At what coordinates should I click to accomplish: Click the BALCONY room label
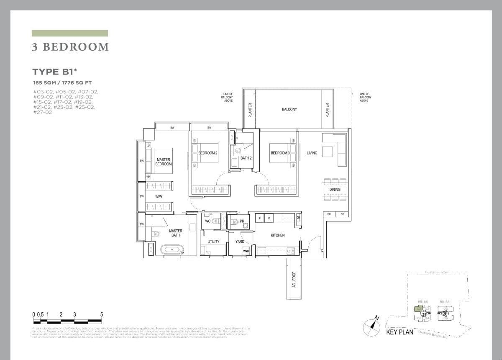pyautogui.click(x=289, y=109)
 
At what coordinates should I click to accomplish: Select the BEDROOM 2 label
pyautogui.click(x=208, y=153)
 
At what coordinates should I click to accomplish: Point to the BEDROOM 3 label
pyautogui.click(x=280, y=153)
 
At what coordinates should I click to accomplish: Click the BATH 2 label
pyautogui.click(x=246, y=158)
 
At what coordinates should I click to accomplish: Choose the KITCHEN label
pyautogui.click(x=277, y=235)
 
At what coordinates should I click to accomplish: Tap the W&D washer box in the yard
pyautogui.click(x=246, y=251)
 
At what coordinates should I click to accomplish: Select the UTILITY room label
pyautogui.click(x=213, y=242)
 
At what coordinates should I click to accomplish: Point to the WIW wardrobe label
pyautogui.click(x=159, y=196)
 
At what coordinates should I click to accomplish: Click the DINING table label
pyautogui.click(x=335, y=190)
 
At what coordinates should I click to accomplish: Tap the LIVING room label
pyautogui.click(x=312, y=153)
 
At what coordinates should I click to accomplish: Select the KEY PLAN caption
pyautogui.click(x=399, y=332)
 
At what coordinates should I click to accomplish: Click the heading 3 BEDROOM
pyautogui.click(x=70, y=47)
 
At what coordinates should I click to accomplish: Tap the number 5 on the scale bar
pyautogui.click(x=102, y=314)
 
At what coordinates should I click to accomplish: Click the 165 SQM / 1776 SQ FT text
pyautogui.click(x=62, y=83)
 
